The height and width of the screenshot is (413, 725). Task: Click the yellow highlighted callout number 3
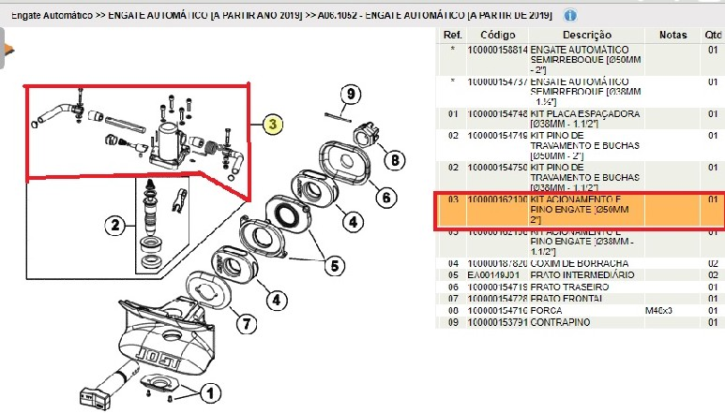pos(272,124)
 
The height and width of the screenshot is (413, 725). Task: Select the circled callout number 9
pos(349,94)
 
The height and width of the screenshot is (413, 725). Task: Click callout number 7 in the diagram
pos(242,325)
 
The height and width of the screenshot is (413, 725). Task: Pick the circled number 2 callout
pos(115,225)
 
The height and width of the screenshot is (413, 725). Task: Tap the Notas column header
pos(673,35)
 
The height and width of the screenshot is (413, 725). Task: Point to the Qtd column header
pos(713,35)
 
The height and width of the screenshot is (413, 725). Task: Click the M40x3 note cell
pos(661,309)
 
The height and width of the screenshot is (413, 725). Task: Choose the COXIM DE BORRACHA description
pos(579,264)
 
